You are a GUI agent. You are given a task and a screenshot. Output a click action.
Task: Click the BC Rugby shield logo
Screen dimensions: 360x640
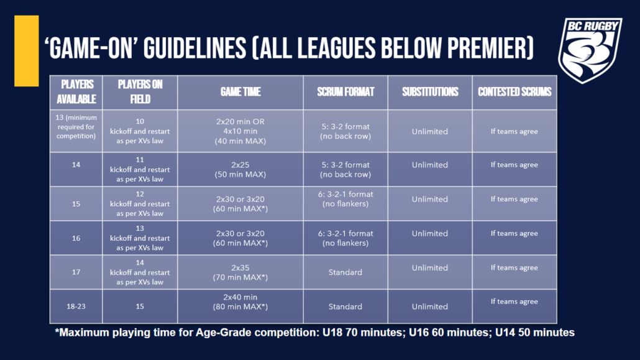click(590, 49)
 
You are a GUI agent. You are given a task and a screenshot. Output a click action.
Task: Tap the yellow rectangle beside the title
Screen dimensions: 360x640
click(26, 50)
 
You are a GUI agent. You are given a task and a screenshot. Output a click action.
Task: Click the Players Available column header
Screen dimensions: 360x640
click(76, 91)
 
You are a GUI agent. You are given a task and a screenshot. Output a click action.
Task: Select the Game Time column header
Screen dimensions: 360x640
click(240, 91)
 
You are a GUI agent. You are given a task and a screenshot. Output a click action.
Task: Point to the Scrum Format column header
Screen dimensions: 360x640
click(345, 91)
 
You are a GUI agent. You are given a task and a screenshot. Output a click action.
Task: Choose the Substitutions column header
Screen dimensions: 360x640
click(430, 91)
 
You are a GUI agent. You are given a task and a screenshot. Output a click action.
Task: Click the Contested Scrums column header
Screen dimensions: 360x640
click(514, 91)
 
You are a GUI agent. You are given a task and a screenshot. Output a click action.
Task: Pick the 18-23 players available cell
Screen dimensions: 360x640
click(76, 307)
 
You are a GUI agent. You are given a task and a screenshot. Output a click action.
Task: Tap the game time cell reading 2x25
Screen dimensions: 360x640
click(240, 170)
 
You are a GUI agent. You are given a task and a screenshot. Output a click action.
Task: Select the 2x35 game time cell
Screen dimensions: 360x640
click(240, 272)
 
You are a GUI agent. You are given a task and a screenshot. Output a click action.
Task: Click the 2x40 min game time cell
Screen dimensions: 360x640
click(240, 302)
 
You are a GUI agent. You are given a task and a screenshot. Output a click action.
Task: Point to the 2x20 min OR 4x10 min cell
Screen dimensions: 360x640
click(240, 131)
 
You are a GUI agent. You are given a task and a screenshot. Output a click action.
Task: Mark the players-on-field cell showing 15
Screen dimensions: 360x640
click(140, 307)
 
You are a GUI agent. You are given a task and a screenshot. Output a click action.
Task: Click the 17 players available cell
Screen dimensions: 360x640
click(76, 272)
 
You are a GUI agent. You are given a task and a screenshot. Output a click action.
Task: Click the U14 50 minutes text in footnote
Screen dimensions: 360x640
click(535, 333)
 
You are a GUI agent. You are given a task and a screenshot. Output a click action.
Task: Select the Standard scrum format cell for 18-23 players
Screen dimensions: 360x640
click(345, 307)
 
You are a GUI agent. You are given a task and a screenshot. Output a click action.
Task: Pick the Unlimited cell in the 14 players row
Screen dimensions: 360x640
click(430, 165)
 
